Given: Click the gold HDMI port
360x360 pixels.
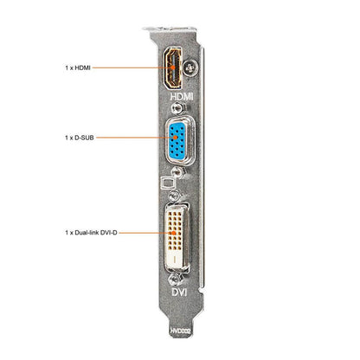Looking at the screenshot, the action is pos(173,68).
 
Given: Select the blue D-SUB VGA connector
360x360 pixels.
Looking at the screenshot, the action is pos(177,140).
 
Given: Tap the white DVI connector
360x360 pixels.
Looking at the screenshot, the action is pos(177,237).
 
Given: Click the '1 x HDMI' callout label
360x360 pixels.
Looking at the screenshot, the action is pos(78,67).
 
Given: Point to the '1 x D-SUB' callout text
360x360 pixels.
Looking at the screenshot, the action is pos(80,138).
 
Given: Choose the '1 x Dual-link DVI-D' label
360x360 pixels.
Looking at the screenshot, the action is pos(91,233).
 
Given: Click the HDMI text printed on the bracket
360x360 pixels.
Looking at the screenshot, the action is pos(182,96).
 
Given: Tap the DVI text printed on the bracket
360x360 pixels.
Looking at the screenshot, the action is pos(179,292).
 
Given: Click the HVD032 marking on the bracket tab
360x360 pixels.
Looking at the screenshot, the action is pos(180,331).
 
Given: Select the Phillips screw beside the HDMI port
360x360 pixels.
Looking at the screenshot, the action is pos(190,68).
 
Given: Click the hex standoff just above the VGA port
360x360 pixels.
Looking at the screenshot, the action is pos(177,109).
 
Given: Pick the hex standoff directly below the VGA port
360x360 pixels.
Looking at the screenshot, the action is pos(177,172).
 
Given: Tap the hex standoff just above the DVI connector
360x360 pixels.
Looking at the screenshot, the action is pos(175,196).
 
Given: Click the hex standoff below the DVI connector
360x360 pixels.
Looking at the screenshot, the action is pos(175,280).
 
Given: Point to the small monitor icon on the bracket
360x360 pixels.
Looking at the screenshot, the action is pos(168,183).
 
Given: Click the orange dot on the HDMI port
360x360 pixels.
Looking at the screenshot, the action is pos(173,67).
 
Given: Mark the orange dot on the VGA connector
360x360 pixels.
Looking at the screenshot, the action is pos(175,138).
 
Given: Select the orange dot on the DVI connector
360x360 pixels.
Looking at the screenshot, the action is pos(174,233).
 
